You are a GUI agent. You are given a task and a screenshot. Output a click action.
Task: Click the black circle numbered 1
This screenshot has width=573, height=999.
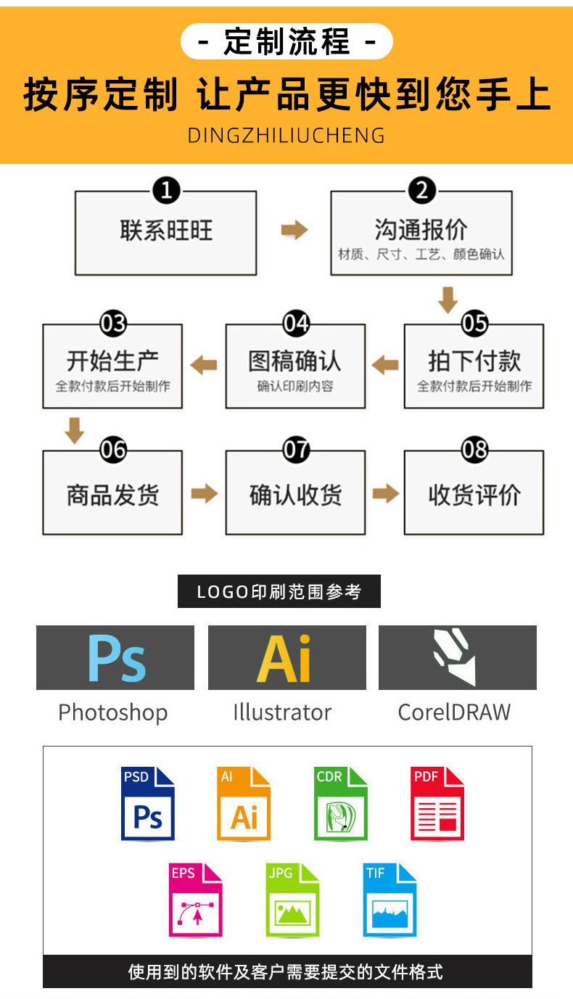click(x=166, y=191)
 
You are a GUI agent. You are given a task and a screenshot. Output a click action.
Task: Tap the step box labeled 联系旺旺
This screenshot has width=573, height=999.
click(x=166, y=233)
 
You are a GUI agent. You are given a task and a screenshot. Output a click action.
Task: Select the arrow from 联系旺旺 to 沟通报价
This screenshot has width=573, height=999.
click(x=294, y=231)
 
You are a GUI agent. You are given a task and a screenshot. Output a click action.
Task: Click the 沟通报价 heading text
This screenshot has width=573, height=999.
click(x=421, y=229)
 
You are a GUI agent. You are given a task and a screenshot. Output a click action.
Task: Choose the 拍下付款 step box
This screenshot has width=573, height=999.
click(x=474, y=367)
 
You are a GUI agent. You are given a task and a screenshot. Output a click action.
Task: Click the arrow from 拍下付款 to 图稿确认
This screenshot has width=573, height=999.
click(x=385, y=364)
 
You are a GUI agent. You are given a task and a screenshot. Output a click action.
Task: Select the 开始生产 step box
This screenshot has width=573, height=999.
click(x=112, y=367)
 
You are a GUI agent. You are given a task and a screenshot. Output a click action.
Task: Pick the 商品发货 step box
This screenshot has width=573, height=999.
click(x=112, y=493)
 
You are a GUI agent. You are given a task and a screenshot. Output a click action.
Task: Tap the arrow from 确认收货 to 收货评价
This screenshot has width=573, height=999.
click(x=385, y=493)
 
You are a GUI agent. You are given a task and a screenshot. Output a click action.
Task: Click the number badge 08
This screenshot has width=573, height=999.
click(x=474, y=450)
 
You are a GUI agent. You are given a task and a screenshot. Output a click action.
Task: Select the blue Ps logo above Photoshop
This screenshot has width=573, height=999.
click(x=116, y=658)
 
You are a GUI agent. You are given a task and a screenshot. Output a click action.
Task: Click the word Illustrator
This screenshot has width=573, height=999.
click(x=282, y=712)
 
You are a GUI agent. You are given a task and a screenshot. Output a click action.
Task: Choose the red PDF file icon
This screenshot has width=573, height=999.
click(x=437, y=803)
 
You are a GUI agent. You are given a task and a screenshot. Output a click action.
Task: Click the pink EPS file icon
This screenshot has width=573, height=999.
click(x=195, y=900)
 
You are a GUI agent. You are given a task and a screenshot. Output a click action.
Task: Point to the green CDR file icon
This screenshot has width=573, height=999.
click(x=340, y=803)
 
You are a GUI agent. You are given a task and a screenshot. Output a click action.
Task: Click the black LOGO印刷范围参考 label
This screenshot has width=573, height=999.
click(x=279, y=591)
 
